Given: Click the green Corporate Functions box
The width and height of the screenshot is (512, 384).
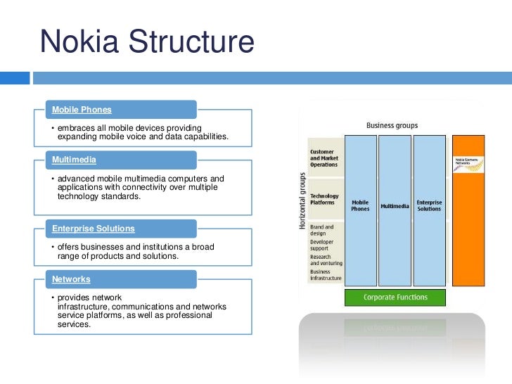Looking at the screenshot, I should pyautogui.click(x=395, y=297).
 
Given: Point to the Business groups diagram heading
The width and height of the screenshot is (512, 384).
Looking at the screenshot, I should pyautogui.click(x=392, y=126).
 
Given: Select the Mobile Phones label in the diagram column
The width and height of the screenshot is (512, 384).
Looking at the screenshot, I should pyautogui.click(x=360, y=205).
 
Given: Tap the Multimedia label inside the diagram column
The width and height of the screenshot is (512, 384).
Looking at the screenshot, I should pyautogui.click(x=395, y=206).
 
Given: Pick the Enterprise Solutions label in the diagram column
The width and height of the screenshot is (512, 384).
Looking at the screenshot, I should pyautogui.click(x=429, y=205).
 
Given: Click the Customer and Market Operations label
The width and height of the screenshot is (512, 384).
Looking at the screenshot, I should pyautogui.click(x=324, y=158).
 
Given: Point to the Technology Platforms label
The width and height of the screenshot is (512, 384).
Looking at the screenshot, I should pyautogui.click(x=324, y=199).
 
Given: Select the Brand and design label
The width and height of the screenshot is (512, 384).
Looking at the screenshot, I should pyautogui.click(x=322, y=231).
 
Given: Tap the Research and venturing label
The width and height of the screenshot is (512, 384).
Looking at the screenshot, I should pyautogui.click(x=326, y=260).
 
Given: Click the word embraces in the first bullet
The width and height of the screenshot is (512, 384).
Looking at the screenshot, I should pyautogui.click(x=77, y=127).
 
